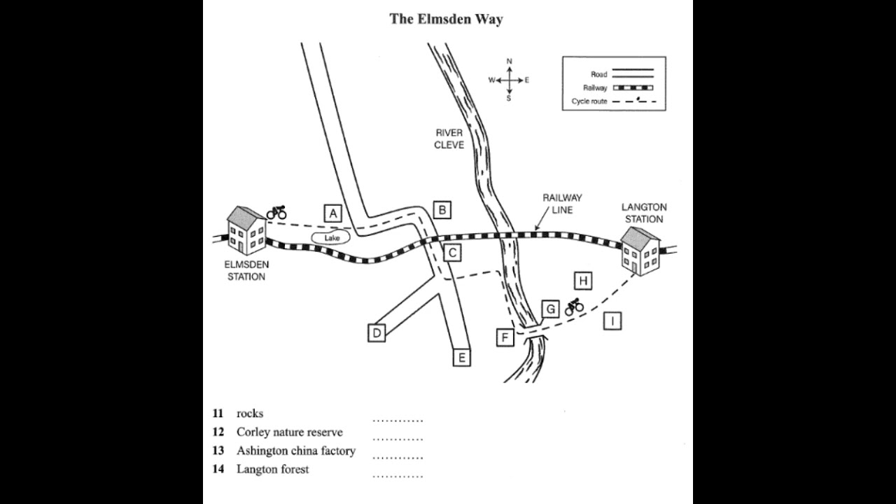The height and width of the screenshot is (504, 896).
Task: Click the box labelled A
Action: point(332,213)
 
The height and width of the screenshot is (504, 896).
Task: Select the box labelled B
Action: point(442,210)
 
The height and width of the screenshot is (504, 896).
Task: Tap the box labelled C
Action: point(452,253)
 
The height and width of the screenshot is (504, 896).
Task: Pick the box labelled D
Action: point(377,332)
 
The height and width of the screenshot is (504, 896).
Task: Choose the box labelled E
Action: point(461,357)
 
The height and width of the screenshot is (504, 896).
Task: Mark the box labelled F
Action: point(505,337)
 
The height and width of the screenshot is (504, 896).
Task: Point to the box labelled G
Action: point(550,309)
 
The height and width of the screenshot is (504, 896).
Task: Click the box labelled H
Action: point(583,281)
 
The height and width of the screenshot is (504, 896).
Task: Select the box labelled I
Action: point(612,321)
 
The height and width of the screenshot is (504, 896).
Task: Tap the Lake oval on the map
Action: point(331,238)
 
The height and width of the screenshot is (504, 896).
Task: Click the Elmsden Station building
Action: point(246,231)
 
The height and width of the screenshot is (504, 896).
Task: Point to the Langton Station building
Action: point(640,251)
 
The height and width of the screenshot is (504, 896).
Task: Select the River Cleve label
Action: point(449,139)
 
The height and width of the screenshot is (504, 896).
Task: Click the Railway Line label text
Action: point(562,204)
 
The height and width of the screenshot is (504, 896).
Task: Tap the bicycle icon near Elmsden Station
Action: point(276,212)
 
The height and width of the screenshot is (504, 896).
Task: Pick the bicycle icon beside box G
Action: point(575,307)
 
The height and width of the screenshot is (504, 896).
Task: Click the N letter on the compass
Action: point(509,61)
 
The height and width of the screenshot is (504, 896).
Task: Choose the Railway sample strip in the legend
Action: point(633,87)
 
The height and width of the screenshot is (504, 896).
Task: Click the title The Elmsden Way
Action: point(447,19)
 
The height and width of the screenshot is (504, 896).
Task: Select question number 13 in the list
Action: point(218,450)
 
